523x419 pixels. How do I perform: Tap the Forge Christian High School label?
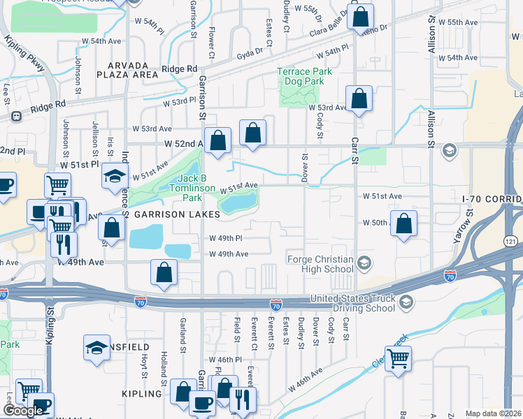(x=320, y=264)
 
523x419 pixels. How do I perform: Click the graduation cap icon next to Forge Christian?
(x=364, y=263)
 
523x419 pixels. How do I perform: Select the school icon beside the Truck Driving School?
(x=406, y=302)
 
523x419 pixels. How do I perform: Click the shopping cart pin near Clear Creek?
(x=398, y=359)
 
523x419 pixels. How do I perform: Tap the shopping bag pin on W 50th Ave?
(x=404, y=223)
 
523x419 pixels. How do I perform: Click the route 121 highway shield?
(x=512, y=240)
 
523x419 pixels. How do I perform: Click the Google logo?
(x=23, y=411)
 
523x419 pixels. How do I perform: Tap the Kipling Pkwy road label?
(x=26, y=54)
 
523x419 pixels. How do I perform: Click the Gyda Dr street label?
(x=253, y=52)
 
